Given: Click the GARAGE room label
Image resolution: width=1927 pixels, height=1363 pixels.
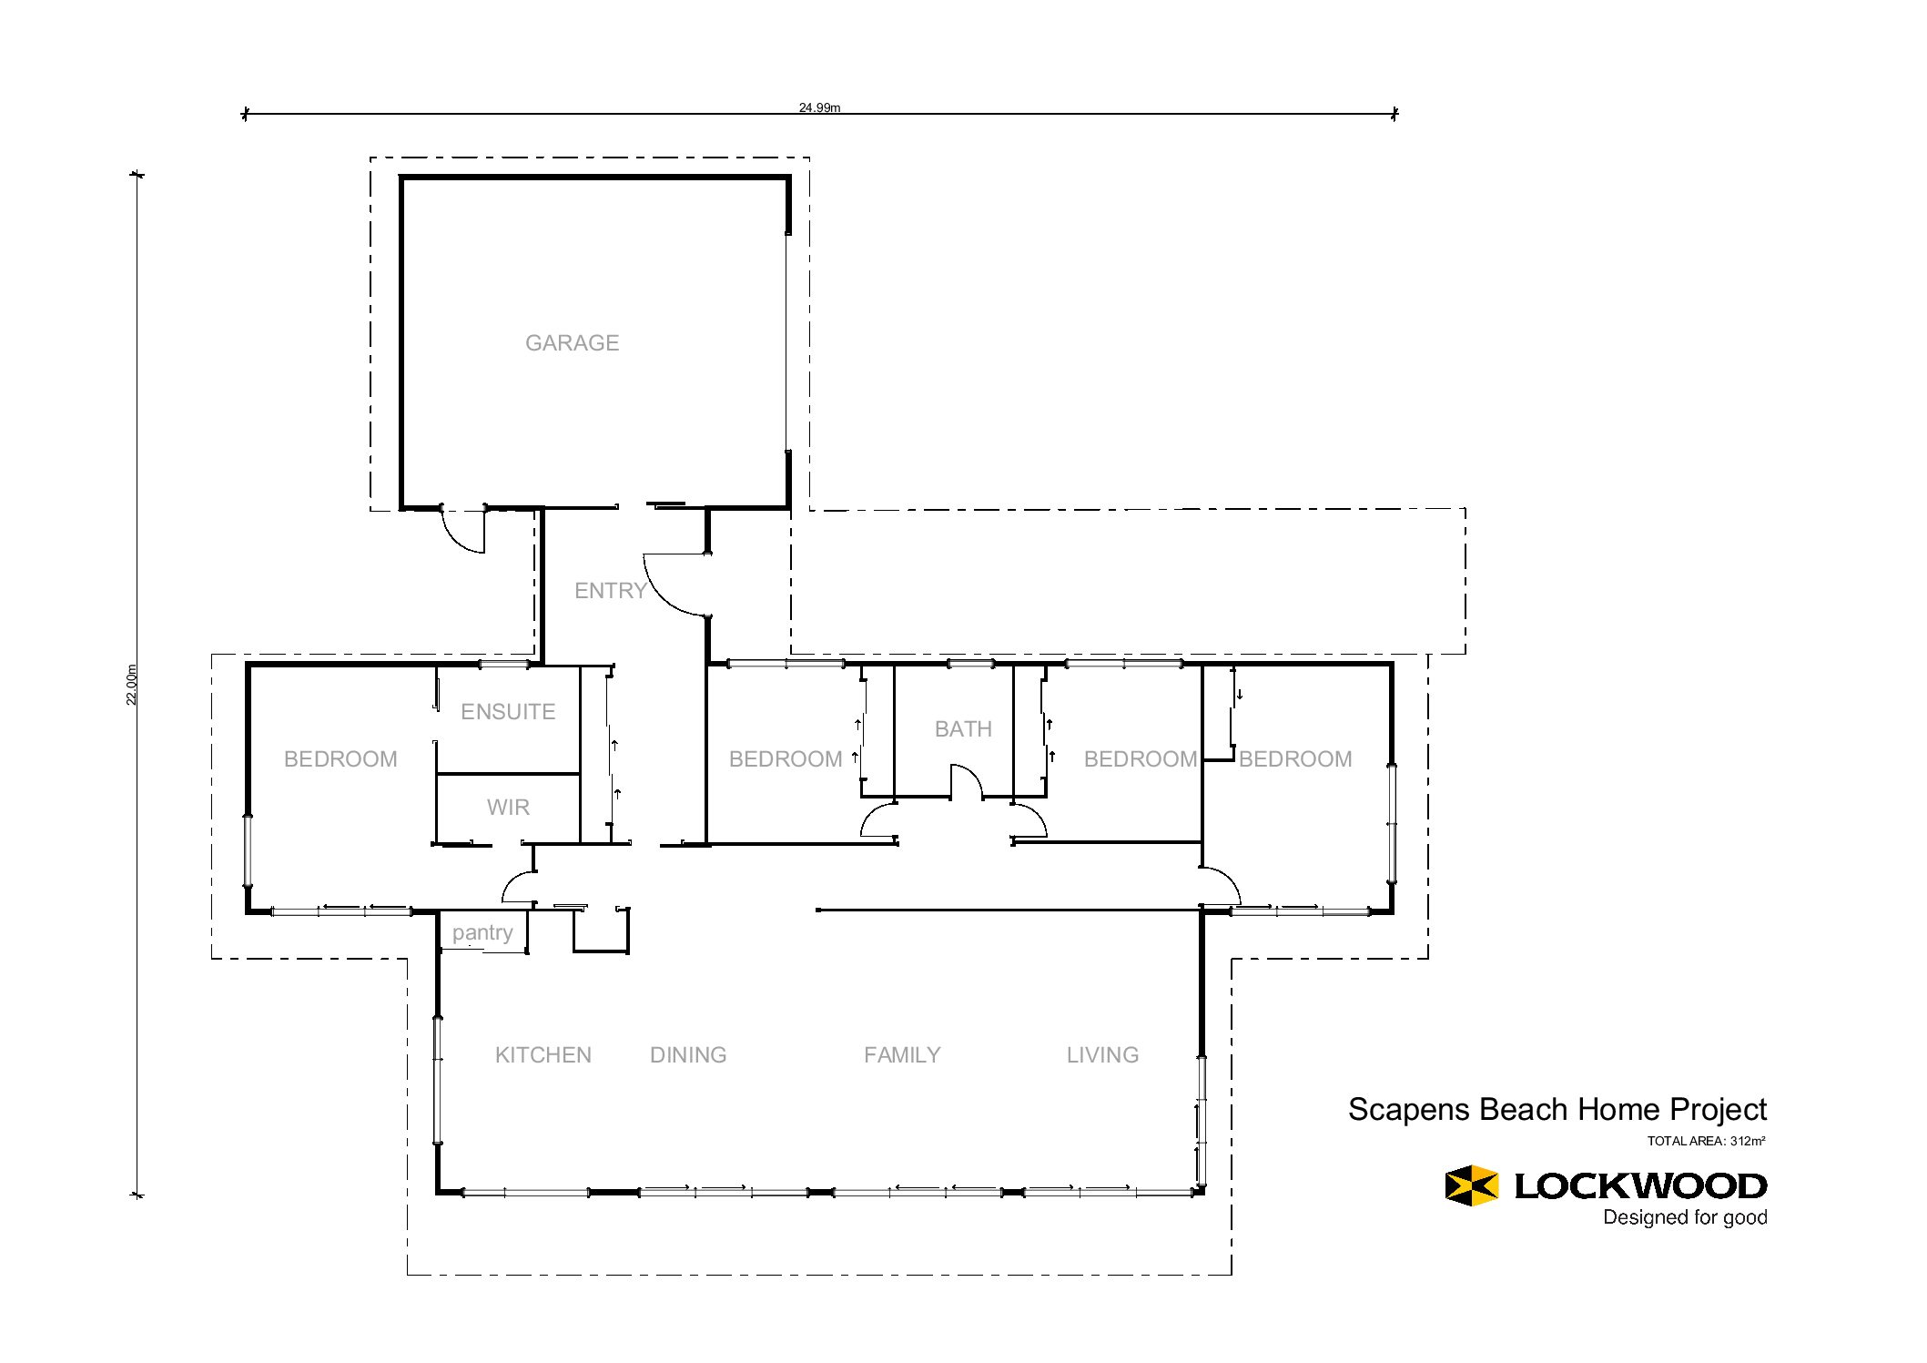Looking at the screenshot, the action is [572, 342].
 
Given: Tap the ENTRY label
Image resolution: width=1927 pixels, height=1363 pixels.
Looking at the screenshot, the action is [610, 590].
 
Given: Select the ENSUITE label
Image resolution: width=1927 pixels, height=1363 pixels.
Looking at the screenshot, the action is [508, 711].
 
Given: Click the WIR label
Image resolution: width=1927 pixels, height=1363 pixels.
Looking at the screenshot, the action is [508, 807].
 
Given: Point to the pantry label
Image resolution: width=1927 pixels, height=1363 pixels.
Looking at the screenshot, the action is [482, 933].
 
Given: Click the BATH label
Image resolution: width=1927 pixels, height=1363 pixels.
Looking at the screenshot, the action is [963, 728].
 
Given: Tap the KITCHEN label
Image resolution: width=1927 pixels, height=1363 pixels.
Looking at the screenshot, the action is [543, 1054].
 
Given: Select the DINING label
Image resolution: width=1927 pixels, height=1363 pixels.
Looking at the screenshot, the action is [688, 1054].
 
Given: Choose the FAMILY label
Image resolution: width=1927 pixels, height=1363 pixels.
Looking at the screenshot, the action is [902, 1054].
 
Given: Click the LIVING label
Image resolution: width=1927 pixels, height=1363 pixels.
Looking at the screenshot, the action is [1102, 1054].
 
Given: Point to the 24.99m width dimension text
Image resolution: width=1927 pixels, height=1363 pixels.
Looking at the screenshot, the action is [819, 107].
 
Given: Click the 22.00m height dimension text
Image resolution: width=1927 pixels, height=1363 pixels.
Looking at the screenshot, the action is [132, 684].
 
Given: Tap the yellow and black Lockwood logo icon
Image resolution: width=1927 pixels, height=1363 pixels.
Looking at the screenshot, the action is [1471, 1185].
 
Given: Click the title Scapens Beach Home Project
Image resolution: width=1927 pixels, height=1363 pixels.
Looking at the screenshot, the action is [1557, 1109].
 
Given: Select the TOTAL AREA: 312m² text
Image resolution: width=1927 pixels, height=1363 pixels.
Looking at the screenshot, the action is [1706, 1141].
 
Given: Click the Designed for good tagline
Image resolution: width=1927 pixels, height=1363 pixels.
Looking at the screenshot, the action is [1685, 1217].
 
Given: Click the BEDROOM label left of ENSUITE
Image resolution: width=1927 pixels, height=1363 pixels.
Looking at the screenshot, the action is [340, 758].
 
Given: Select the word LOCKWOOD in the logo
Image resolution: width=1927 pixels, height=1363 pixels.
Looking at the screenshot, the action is [1640, 1185].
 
